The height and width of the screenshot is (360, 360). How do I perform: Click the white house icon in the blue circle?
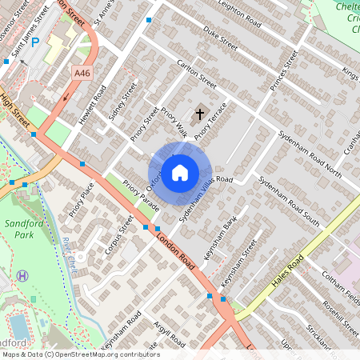tap(181, 172)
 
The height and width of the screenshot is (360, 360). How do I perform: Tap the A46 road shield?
tap(82, 73)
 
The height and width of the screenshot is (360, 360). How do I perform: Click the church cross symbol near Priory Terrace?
tap(199, 114)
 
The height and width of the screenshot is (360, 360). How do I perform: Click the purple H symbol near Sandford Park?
tap(22, 275)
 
